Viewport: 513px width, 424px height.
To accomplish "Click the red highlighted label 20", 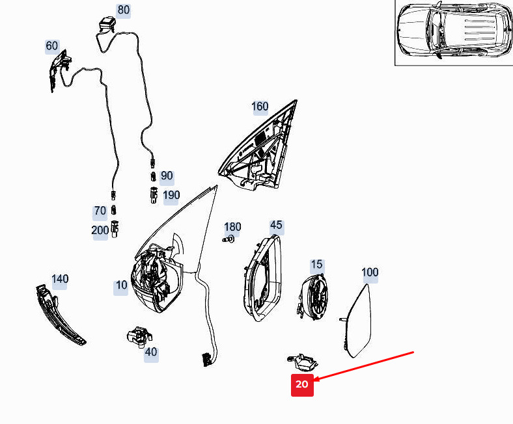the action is coord(302,385).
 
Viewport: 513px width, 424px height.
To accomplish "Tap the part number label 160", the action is coord(260,107).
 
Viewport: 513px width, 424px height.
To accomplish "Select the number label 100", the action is coord(370,272).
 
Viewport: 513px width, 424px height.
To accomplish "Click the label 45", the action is coord(276,225).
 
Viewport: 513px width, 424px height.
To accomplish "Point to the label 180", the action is coord(232,227).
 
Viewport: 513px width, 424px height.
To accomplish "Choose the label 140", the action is coord(60,279).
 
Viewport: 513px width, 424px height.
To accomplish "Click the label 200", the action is coord(100,230).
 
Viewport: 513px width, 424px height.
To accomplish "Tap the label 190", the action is coord(171,196).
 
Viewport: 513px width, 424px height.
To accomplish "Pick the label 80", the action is coord(123,10).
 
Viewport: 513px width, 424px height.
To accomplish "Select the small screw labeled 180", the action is coord(229,240).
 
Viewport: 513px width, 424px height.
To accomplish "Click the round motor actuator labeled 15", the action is coord(313,297).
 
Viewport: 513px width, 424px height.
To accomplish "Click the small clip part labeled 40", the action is coord(139,337).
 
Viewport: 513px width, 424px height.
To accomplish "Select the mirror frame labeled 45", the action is coord(262,278).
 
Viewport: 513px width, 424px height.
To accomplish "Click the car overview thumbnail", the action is coord(454,33).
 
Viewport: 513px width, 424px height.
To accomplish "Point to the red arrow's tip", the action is coord(314,381).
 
